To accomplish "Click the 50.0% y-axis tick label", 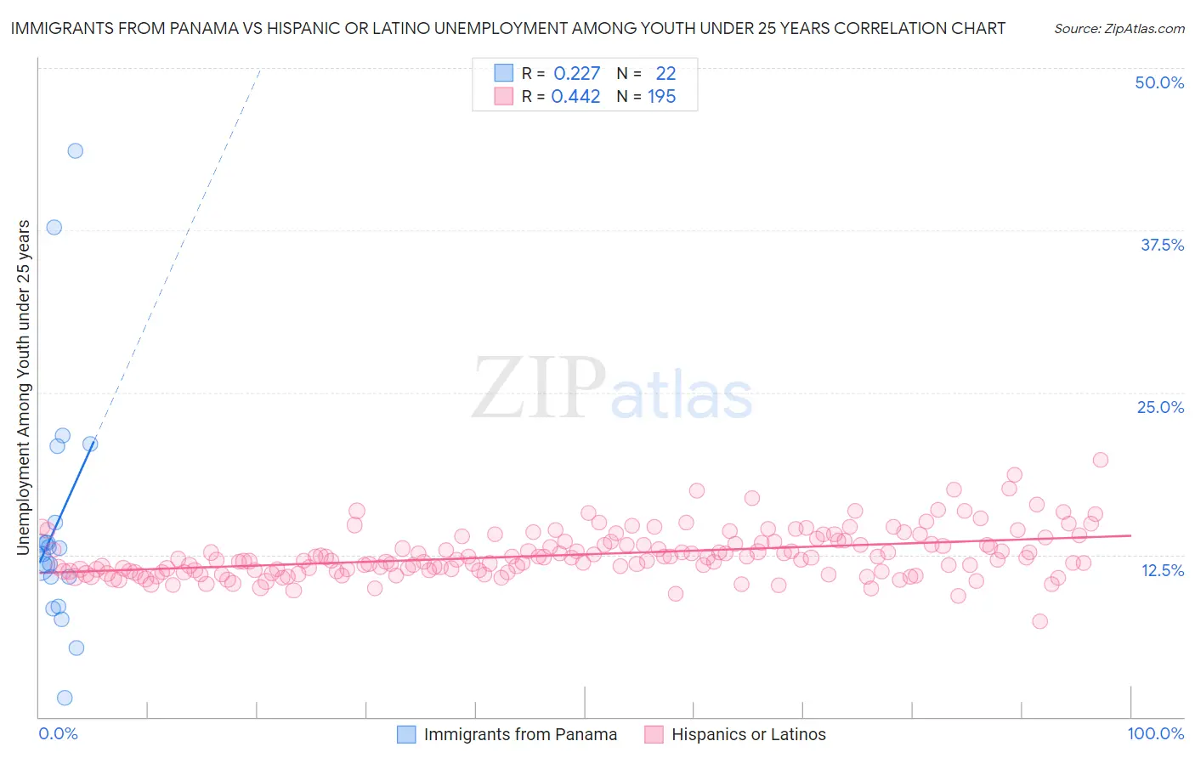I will point(1159,82).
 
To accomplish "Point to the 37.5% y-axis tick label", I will point(1162,245).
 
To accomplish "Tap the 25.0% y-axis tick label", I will point(1160,407).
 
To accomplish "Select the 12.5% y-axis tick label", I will point(1162,570).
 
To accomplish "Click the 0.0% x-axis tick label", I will point(58,733).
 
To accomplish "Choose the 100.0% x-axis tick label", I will point(1155,733).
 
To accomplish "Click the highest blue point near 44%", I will point(75,150).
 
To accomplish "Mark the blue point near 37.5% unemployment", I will point(54,227).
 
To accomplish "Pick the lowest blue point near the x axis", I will point(65,698).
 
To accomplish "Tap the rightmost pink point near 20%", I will point(1100,460).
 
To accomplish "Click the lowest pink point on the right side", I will point(1039,621).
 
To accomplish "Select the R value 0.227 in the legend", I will point(576,73).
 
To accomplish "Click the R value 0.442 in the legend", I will point(575,97).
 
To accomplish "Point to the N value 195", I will point(661,97).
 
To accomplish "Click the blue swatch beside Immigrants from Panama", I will point(406,734).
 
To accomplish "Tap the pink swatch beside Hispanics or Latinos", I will point(654,734).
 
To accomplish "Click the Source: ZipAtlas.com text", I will point(1119,28).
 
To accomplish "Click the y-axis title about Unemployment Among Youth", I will point(24,387).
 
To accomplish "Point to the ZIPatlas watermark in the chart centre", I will point(612,389).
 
